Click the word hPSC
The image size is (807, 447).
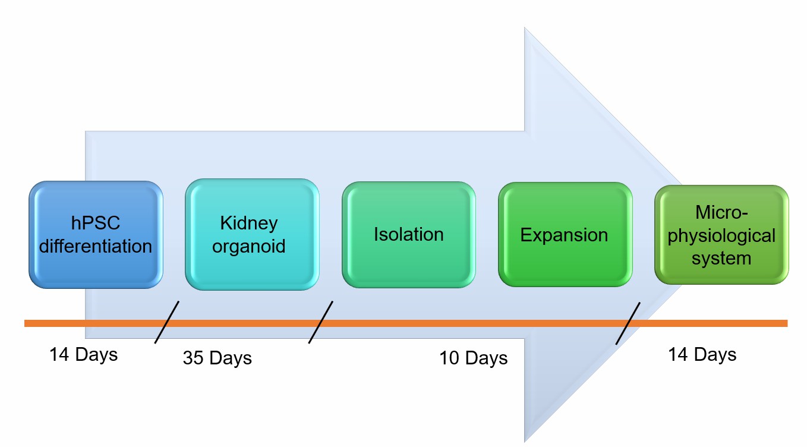96,223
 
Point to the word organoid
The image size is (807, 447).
249,245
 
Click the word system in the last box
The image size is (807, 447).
721,259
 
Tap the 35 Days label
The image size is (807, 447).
217,358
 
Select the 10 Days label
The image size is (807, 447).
474,358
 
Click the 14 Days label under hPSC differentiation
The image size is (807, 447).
84,355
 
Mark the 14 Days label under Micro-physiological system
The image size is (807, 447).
702,355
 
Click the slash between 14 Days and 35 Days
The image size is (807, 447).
166,322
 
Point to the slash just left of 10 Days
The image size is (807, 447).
321,322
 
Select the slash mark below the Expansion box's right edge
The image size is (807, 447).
628,323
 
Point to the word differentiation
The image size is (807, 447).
96,245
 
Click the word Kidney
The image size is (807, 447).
249,223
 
